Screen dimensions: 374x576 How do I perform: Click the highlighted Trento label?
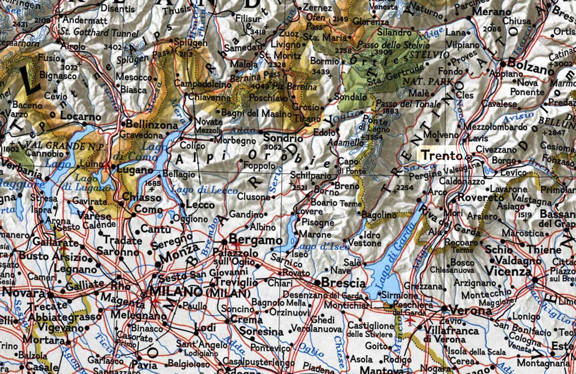[x=441, y=156]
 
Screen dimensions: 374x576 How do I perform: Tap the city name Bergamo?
[x=256, y=240]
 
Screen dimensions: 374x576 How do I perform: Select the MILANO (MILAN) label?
[x=201, y=292]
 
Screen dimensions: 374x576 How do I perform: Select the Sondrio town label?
[x=283, y=138]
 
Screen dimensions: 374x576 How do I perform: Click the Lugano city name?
[x=135, y=170]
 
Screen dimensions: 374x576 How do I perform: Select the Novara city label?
[x=24, y=293]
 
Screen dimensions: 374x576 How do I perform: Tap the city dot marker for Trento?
[x=468, y=157]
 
